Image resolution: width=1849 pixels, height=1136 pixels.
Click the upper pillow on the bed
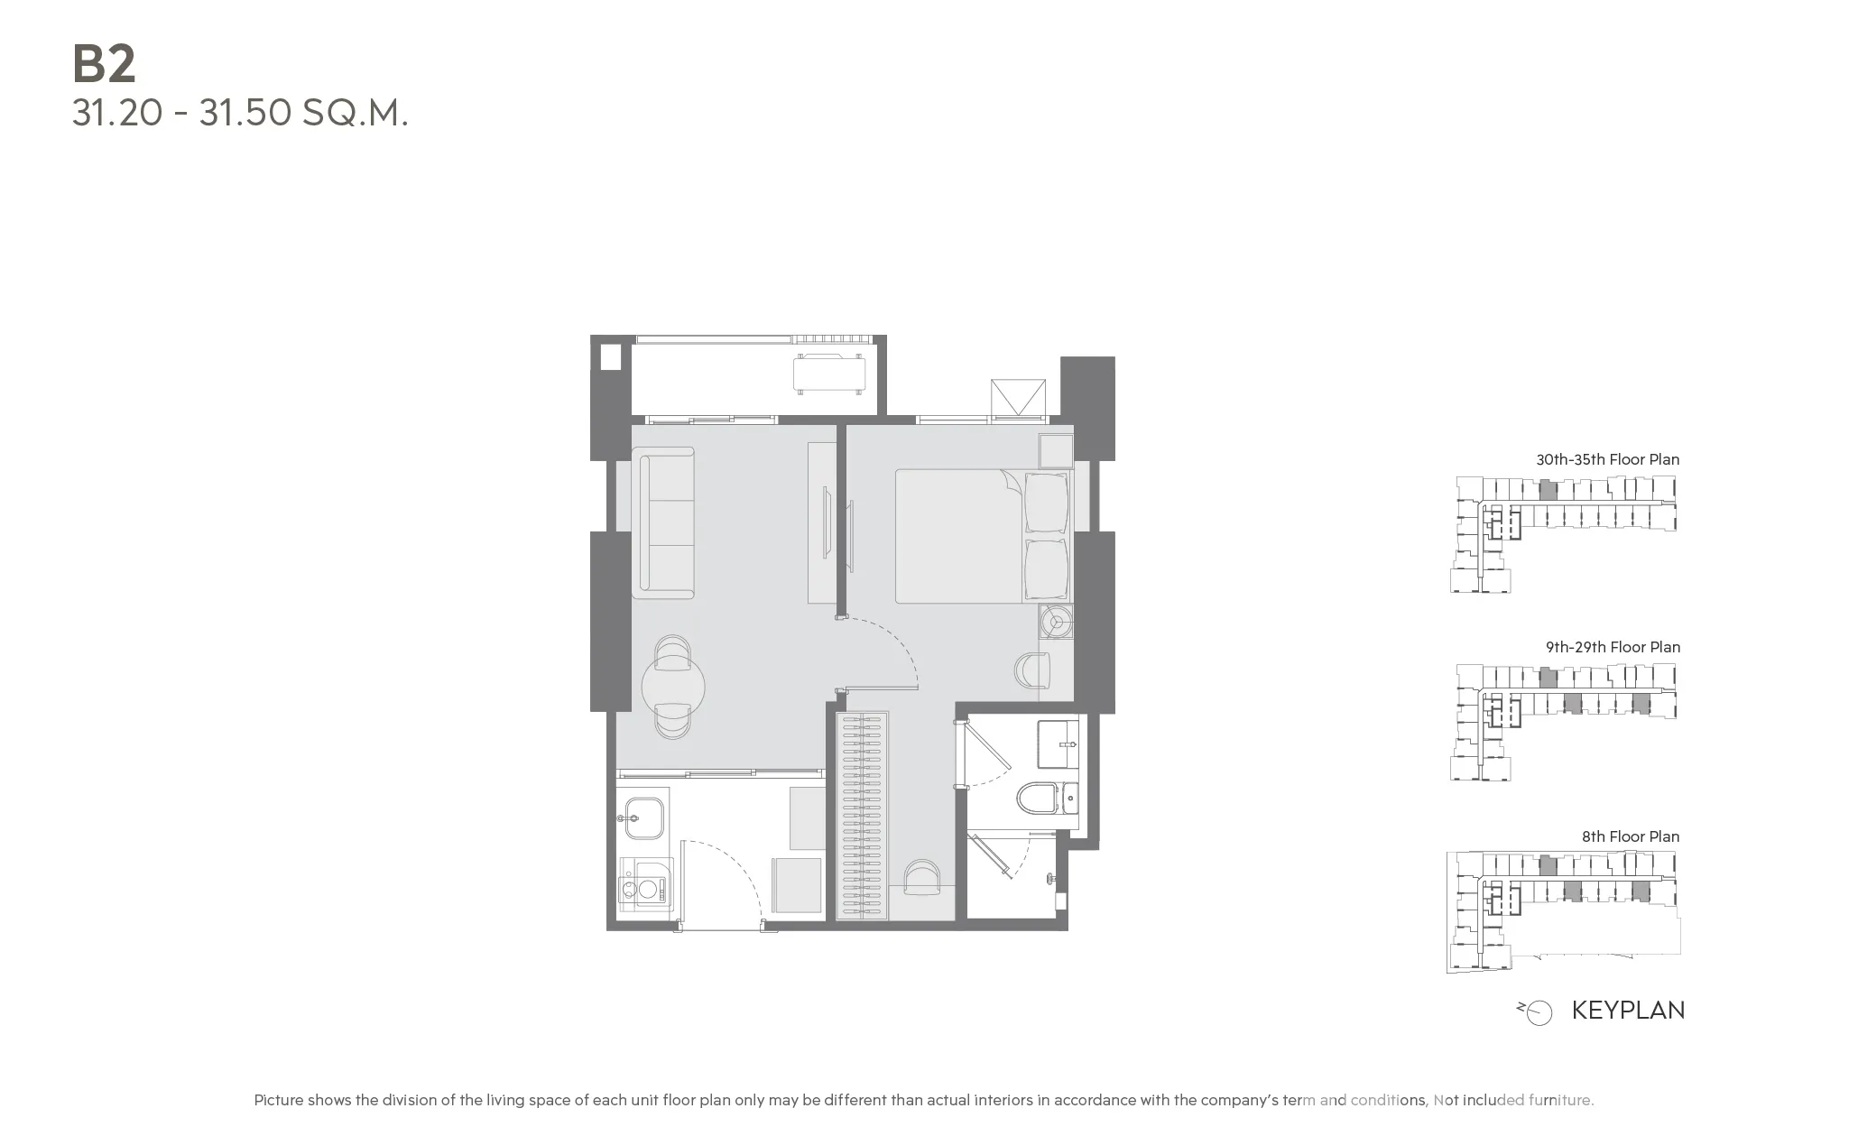1046,503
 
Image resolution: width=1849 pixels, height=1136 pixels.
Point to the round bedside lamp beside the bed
1055,622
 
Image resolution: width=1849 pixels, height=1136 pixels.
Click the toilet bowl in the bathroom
1040,798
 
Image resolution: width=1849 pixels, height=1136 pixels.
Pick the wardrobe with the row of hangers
862,816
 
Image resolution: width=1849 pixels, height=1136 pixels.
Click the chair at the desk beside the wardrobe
921,876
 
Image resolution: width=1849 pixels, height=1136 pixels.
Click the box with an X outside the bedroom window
1018,399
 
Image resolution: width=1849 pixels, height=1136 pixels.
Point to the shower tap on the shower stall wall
1049,878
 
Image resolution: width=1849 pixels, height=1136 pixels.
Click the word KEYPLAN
1628,1010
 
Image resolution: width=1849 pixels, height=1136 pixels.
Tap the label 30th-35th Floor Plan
1607,459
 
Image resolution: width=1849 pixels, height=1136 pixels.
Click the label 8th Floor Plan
1630,836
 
